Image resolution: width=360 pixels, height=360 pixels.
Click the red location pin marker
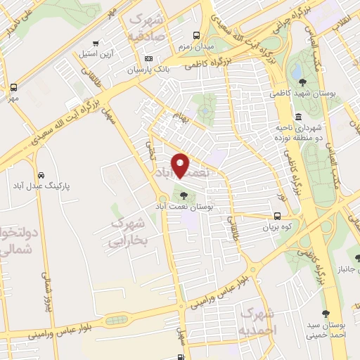(x=181, y=165)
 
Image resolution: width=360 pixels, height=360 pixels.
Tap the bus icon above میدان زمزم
(x=197, y=35)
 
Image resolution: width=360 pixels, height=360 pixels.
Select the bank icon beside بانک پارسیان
(x=148, y=58)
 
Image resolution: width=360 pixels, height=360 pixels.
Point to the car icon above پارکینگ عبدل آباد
(x=41, y=174)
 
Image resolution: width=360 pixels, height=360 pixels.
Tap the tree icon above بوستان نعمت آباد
(x=184, y=196)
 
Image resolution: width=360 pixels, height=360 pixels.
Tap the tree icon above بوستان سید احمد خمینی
(x=326, y=313)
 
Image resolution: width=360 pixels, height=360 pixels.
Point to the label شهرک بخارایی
(x=128, y=232)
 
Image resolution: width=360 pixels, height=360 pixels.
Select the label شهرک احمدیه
(x=258, y=321)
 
